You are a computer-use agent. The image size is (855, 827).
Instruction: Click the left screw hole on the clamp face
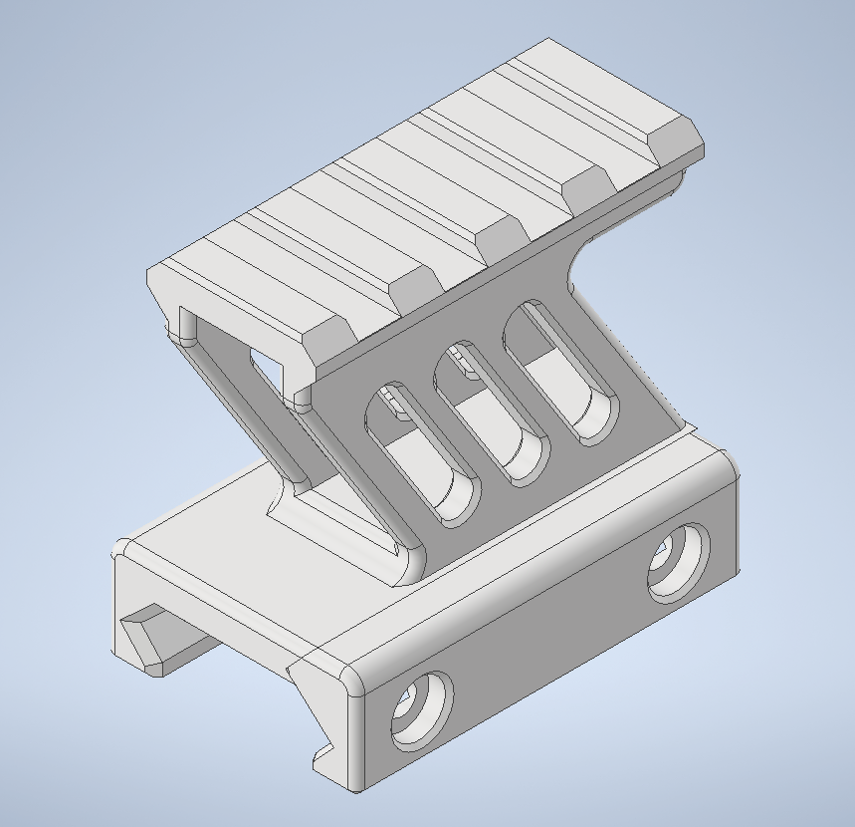[420, 710]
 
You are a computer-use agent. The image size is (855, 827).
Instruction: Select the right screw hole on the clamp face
[679, 562]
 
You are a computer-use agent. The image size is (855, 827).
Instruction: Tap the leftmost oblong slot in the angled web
[422, 453]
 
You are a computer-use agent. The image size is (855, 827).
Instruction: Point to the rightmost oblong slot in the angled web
[563, 375]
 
